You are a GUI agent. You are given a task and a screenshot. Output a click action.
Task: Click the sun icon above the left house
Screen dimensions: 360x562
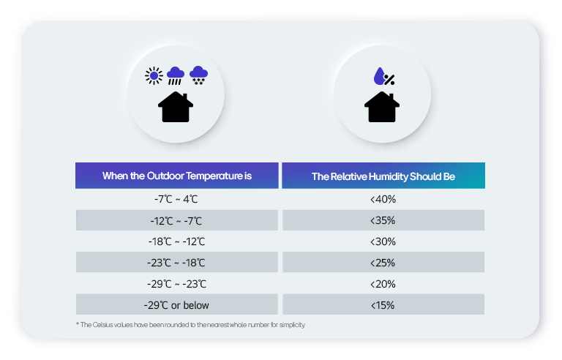click(153, 75)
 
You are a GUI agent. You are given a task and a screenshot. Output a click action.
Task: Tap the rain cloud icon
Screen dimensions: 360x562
click(176, 75)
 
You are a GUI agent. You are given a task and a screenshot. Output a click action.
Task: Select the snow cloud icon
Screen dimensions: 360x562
click(198, 75)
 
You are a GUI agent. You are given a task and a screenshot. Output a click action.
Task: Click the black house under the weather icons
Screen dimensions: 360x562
click(176, 107)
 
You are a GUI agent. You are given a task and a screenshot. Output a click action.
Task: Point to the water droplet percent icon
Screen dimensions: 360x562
click(383, 76)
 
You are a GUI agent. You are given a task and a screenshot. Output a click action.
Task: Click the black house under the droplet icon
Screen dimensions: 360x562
click(382, 107)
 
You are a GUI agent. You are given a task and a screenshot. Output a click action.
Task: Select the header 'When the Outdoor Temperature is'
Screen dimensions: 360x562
click(177, 176)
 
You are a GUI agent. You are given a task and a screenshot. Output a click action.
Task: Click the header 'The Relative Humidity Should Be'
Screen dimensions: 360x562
click(383, 176)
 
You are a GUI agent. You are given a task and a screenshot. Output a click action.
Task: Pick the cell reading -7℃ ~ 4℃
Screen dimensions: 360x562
click(176, 199)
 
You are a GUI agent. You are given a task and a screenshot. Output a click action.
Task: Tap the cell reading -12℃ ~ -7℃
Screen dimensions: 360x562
click(176, 220)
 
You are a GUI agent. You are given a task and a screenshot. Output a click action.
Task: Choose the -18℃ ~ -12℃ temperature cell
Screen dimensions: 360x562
click(176, 241)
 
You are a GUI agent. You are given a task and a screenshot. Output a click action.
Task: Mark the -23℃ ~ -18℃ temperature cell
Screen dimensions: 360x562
click(176, 263)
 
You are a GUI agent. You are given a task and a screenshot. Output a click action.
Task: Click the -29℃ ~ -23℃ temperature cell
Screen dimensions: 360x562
click(176, 284)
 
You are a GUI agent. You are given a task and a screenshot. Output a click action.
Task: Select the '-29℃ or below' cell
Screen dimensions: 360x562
click(176, 305)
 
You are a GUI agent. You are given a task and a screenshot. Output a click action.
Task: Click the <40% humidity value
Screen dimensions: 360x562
click(383, 199)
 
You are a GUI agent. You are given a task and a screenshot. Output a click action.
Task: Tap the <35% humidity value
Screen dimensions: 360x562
click(383, 220)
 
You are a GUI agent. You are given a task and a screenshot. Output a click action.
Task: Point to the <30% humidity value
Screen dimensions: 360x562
click(383, 241)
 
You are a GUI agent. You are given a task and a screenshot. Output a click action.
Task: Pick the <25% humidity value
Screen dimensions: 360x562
click(383, 263)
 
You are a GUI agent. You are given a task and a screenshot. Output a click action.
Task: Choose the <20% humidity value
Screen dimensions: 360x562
click(383, 284)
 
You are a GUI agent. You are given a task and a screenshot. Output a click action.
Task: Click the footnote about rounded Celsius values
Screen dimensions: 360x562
click(190, 324)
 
